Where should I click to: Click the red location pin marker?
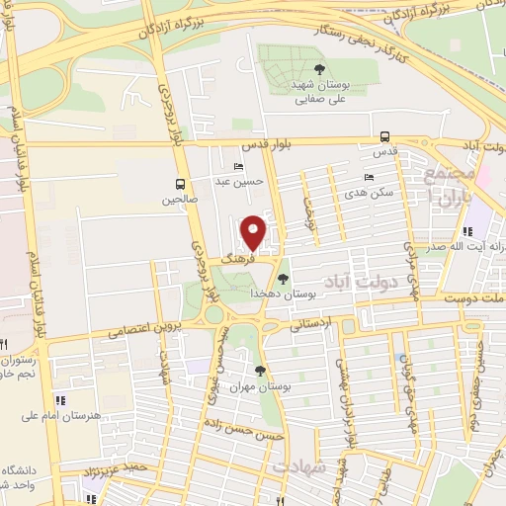[x=254, y=231]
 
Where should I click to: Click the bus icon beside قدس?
[x=383, y=137]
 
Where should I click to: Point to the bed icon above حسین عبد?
[x=236, y=167]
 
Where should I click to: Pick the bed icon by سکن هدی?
[x=369, y=178]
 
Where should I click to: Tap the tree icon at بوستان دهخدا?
[x=284, y=279]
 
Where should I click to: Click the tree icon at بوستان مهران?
[x=260, y=371]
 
